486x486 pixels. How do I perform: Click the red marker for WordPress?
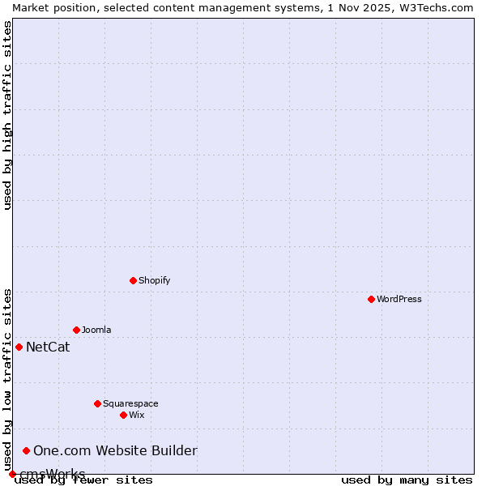coord(371,299)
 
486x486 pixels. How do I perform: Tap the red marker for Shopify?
coord(133,280)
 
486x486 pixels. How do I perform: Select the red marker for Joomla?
coord(76,330)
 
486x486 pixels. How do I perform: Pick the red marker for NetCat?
coord(19,347)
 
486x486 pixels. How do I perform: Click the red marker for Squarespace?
coord(97,403)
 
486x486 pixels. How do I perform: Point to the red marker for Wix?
coord(123,415)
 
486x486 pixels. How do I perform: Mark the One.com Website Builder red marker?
coord(26,450)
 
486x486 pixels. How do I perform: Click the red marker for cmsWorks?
coord(12,474)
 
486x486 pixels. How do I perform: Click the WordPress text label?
coord(399,299)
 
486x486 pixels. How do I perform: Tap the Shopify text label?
coord(154,280)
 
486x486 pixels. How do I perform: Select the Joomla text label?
coord(96,330)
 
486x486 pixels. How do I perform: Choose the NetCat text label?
coord(48,347)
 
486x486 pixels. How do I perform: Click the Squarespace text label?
coord(130,403)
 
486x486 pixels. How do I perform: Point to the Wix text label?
coord(137,415)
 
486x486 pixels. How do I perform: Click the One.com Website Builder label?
coord(115,451)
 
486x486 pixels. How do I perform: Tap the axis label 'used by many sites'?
coord(407,480)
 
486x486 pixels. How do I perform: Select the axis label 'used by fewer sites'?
coord(84,480)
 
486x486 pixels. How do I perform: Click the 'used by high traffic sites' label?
coord(7,115)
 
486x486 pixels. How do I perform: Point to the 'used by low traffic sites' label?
coord(7,380)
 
